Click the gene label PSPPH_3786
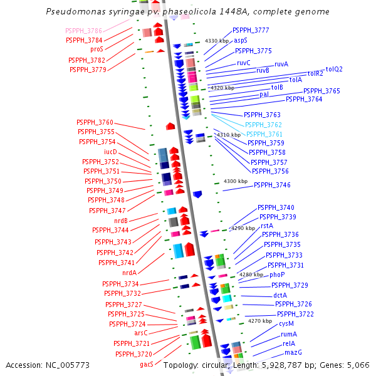(x=84, y=30)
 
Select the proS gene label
(x=97, y=49)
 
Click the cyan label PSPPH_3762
(x=263, y=125)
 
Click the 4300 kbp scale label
(x=236, y=181)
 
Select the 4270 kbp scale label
(x=259, y=321)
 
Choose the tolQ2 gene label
(x=334, y=69)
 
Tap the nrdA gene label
(x=129, y=273)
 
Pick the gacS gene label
(x=147, y=364)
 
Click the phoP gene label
(x=277, y=275)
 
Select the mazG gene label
(x=293, y=353)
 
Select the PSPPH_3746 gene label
(x=272, y=185)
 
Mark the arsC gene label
(x=141, y=333)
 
